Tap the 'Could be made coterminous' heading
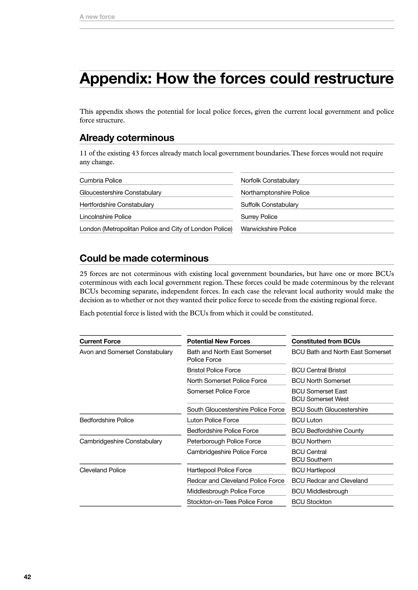click(144, 258)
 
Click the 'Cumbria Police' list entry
click(101, 180)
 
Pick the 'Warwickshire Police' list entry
click(268, 229)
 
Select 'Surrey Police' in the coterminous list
click(259, 217)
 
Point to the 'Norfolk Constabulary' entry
click(270, 180)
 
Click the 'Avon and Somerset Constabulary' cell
click(126, 352)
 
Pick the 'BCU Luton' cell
click(307, 420)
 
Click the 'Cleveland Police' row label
click(102, 470)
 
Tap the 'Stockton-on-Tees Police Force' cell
click(230, 502)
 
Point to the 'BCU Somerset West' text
click(320, 399)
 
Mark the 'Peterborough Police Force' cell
click(224, 441)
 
